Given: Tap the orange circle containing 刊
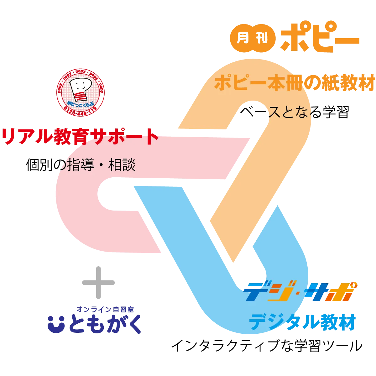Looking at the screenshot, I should (264, 39).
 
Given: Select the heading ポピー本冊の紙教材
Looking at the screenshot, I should (295, 83).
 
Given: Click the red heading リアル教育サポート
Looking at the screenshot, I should (80, 137).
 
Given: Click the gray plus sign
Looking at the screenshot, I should (98, 283).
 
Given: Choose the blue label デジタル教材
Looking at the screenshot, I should (302, 322).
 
